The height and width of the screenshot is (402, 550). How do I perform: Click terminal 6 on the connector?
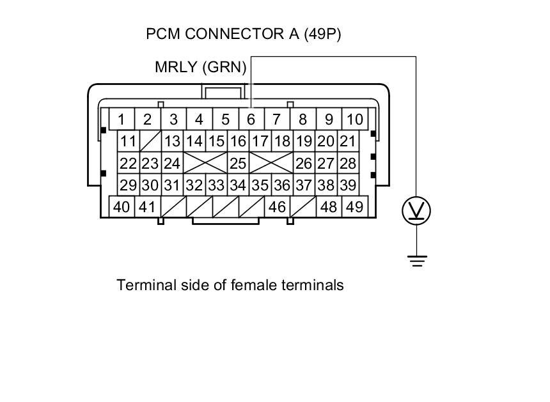coord(251,119)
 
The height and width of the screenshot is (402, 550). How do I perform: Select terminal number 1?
coord(122,119)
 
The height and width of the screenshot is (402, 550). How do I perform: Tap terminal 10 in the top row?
coord(355,119)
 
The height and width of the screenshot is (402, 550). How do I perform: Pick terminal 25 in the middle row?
coord(238,163)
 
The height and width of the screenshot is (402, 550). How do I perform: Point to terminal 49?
coord(355,207)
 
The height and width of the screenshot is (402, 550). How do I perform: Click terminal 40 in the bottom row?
coord(122,207)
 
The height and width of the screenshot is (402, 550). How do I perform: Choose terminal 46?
coord(277,207)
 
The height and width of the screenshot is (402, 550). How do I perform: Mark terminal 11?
coord(129,141)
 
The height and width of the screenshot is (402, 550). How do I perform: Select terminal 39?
coord(348,185)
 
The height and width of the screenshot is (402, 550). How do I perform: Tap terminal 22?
coord(129,163)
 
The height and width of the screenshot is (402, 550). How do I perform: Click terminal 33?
coord(216,185)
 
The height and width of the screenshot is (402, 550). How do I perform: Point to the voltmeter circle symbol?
coord(416,211)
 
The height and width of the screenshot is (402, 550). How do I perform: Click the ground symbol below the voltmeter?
coord(417,261)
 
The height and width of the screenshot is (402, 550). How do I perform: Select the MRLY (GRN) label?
coord(201,67)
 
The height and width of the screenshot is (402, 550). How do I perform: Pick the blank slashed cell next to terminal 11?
coord(150,141)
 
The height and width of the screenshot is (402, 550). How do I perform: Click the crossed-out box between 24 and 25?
coord(205,163)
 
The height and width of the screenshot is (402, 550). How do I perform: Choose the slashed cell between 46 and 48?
coord(303,207)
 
